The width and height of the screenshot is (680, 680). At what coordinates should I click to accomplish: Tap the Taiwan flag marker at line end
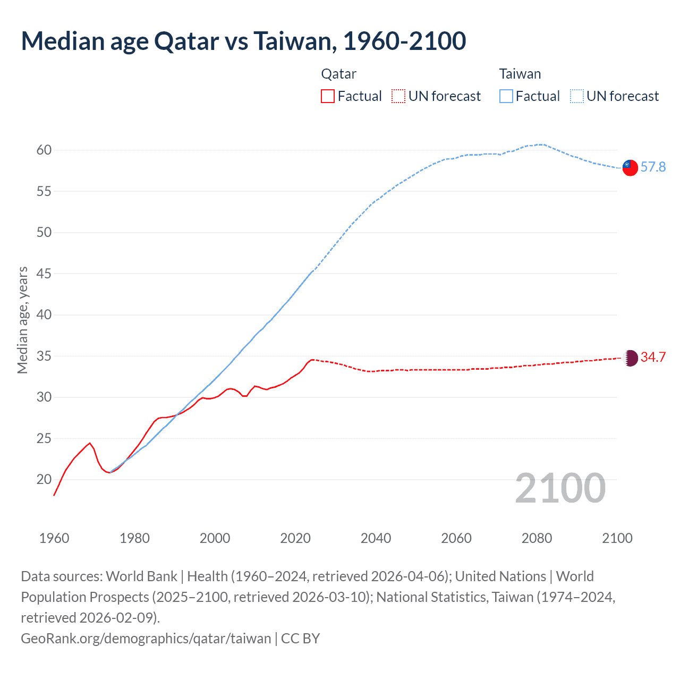click(630, 167)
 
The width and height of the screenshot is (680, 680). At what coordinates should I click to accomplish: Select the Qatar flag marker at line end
click(630, 358)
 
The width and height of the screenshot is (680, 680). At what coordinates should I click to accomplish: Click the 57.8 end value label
click(653, 167)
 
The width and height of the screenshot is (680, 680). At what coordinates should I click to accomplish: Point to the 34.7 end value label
click(653, 358)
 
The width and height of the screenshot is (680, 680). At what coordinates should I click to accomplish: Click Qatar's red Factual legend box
click(328, 96)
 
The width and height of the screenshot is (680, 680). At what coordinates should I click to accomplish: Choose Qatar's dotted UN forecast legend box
click(398, 96)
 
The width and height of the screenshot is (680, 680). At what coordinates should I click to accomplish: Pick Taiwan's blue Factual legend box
click(506, 96)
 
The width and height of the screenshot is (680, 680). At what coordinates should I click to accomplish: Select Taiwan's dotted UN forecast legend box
click(577, 96)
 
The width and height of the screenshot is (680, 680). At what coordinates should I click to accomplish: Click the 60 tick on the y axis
click(44, 150)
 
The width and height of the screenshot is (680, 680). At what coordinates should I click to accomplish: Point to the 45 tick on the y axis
click(44, 274)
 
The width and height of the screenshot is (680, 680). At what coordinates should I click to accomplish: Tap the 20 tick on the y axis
click(44, 480)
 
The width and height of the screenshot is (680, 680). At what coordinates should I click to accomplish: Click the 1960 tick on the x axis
click(54, 538)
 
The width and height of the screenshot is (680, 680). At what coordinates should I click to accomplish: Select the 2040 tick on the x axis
click(376, 538)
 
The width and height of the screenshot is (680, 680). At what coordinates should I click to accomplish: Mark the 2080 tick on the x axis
click(537, 538)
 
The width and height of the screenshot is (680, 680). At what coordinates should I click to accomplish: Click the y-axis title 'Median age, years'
click(22, 320)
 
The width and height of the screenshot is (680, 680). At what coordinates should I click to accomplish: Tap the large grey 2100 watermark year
click(560, 488)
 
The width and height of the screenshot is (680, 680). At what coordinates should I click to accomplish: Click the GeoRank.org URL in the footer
click(146, 638)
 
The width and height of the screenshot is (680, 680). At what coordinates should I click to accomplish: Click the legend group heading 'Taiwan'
click(520, 74)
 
